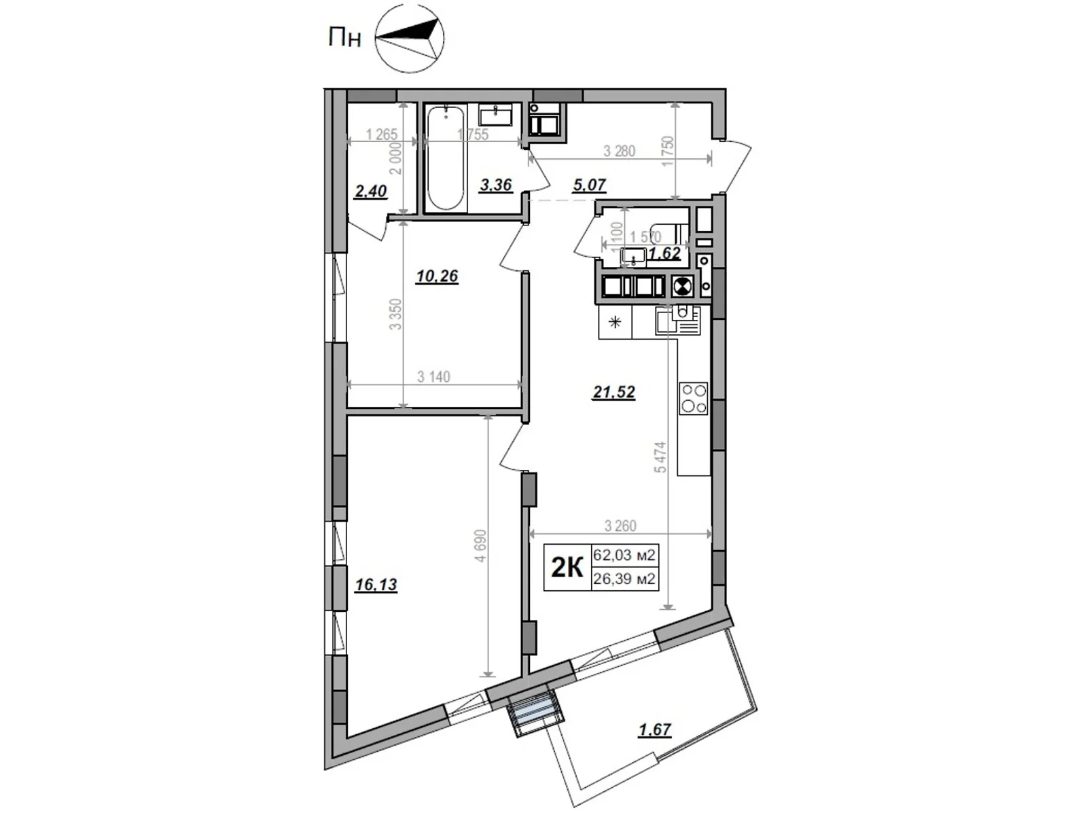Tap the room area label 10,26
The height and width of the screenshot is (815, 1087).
tap(437, 276)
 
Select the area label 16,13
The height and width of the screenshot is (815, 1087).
tap(376, 585)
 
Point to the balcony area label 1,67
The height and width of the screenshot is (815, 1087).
tap(654, 730)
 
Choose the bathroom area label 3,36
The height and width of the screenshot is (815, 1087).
tap(495, 185)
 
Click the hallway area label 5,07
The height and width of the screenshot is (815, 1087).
tap(588, 185)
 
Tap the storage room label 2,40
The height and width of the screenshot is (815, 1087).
tap(370, 192)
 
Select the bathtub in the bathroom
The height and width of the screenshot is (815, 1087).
tap(445, 158)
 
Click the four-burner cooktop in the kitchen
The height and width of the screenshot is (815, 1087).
tap(694, 399)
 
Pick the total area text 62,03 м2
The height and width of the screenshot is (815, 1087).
tap(624, 556)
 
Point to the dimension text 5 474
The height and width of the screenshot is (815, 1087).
tap(660, 458)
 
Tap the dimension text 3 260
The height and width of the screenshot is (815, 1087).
tap(620, 526)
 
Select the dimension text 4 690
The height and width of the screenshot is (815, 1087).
tap(480, 545)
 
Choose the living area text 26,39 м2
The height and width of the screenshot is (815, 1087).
tap(624, 579)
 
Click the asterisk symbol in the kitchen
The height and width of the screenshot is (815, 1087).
tap(616, 323)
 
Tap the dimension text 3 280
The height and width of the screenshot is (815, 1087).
tap(619, 151)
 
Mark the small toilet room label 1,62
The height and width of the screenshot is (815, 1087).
tap(664, 253)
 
